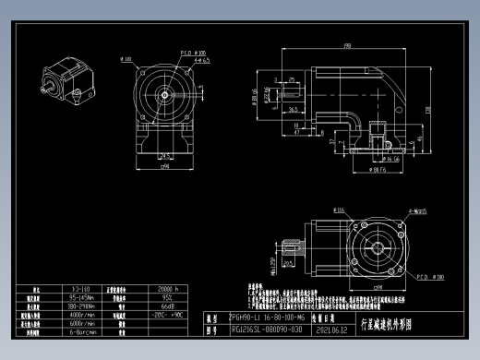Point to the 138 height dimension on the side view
point(428,109)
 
